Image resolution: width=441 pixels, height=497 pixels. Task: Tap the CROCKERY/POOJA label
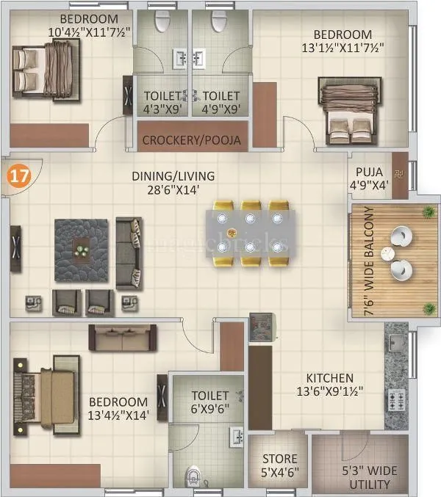(x=192, y=140)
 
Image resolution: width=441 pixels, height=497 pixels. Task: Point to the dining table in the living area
(x=250, y=233)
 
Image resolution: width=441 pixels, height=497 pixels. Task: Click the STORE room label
(x=280, y=459)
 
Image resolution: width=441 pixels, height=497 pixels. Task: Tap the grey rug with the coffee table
(x=80, y=250)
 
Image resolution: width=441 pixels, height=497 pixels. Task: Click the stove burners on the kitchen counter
(x=397, y=401)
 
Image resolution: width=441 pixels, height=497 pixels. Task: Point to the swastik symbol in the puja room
(x=399, y=174)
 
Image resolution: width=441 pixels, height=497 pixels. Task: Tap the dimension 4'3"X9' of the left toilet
(x=162, y=109)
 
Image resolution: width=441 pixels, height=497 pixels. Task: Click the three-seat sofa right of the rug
(x=129, y=253)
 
